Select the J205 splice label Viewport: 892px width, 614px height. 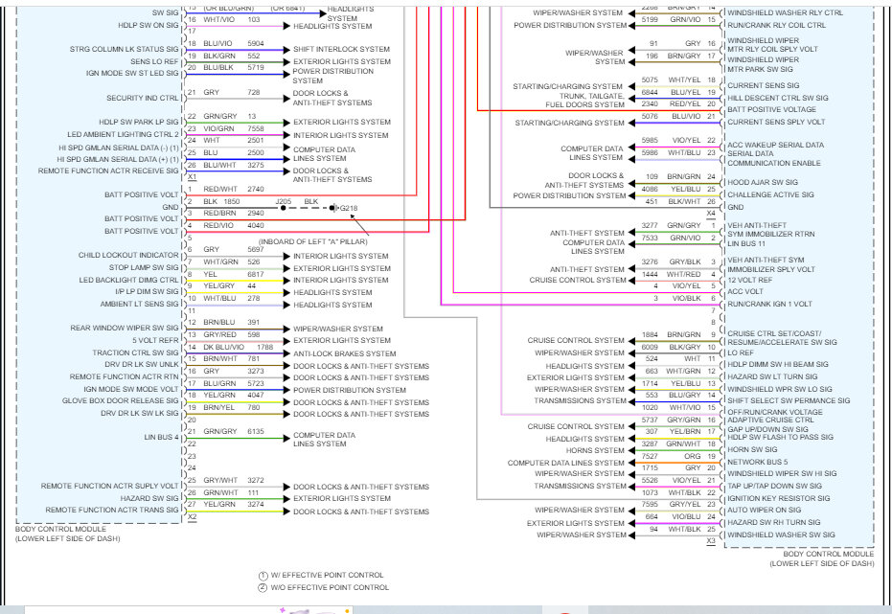pos(284,201)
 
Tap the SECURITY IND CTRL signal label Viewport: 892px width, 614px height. pos(143,98)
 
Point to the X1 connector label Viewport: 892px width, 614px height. pos(192,177)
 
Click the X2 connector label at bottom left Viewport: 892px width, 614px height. pos(192,517)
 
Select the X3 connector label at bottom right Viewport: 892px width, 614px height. pos(711,541)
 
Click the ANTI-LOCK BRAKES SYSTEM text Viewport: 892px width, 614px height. pos(346,352)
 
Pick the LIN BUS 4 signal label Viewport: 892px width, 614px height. pos(161,437)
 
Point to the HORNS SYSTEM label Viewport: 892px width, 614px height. pos(593,450)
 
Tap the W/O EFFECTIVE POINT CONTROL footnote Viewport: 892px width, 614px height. pos(331,587)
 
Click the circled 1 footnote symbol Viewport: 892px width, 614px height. pos(263,575)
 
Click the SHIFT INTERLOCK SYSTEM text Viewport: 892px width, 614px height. pos(341,49)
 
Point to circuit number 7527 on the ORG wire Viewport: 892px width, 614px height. pos(650,456)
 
